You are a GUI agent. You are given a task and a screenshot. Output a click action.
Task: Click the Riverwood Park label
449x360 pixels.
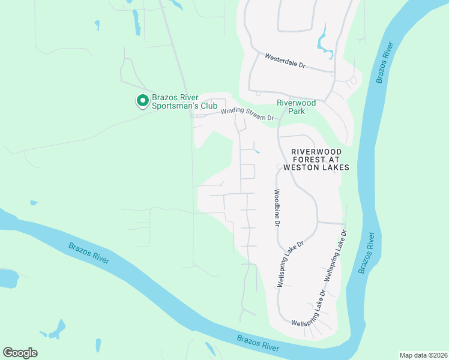coord(296,107)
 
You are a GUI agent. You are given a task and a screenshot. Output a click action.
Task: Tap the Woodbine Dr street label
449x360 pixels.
coord(277,208)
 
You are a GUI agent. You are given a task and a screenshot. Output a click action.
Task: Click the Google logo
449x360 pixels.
coord(20,353)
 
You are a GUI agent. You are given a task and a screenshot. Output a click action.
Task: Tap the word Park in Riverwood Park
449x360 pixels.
coord(296,111)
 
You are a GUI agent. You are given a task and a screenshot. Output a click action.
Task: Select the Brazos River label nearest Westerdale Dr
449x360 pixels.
coord(384,63)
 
